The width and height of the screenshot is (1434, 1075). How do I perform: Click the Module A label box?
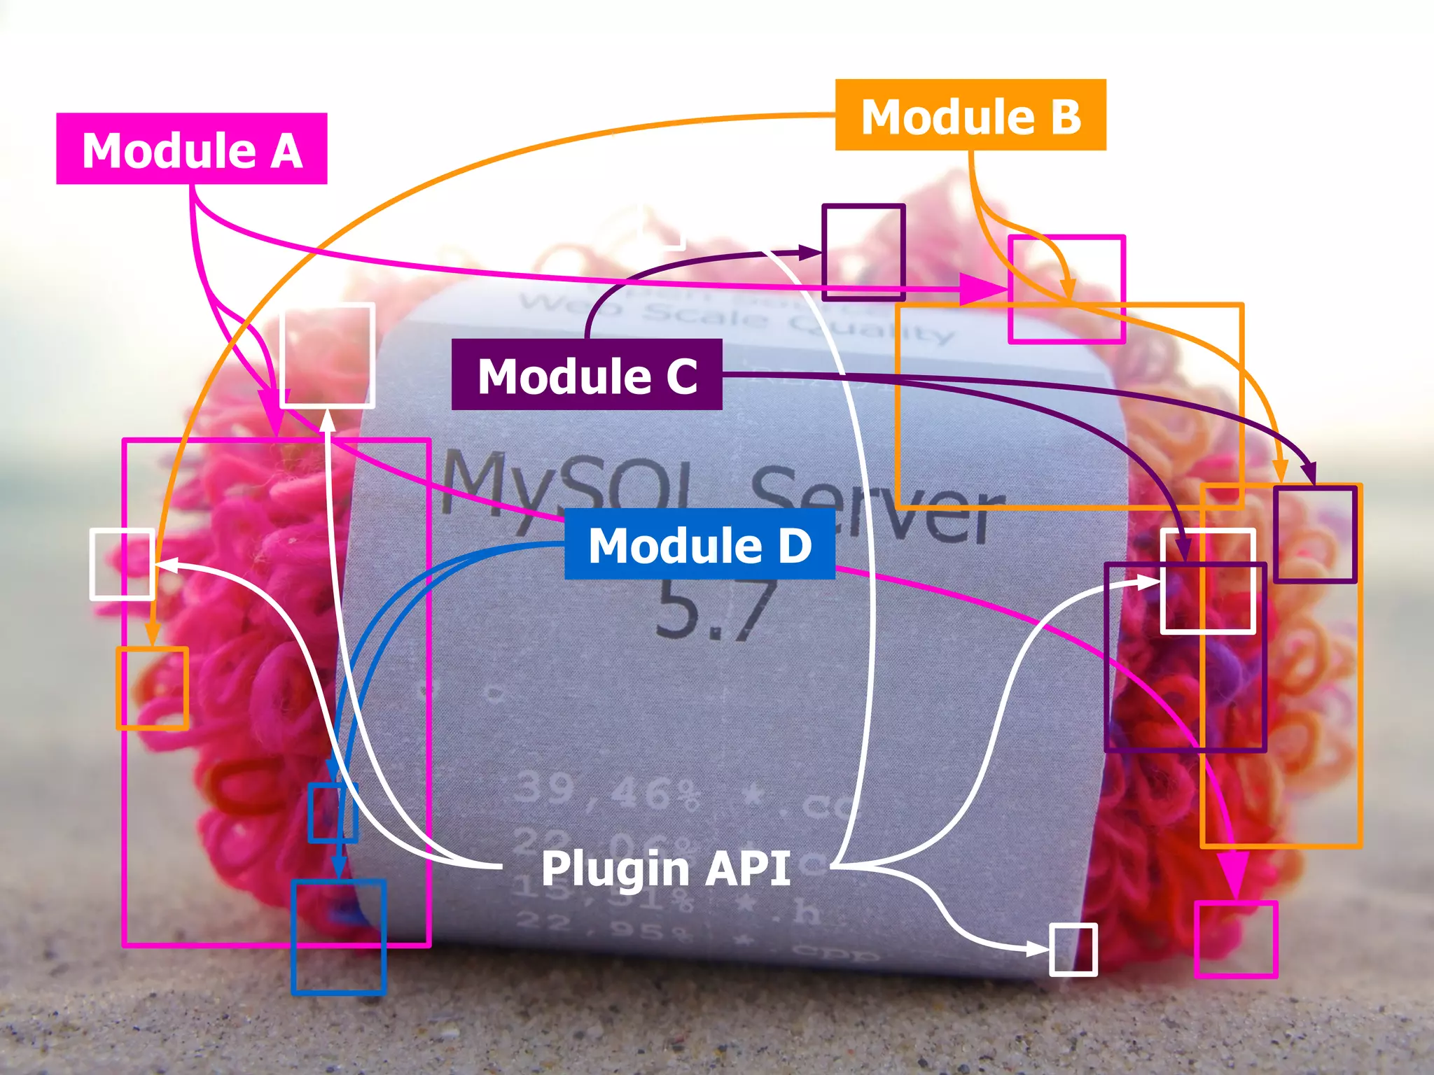point(191,149)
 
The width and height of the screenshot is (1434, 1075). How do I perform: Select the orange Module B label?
point(970,115)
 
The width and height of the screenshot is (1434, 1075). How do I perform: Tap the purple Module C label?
point(587,375)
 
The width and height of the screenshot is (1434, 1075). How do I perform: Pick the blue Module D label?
point(699,544)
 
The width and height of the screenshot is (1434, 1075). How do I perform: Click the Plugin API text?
point(665,868)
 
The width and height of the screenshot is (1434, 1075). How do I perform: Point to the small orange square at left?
point(152,689)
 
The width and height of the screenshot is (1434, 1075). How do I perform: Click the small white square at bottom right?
point(1073,949)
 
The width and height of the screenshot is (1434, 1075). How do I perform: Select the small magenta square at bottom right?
point(1236,939)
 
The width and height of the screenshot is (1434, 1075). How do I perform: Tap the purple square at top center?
point(863,253)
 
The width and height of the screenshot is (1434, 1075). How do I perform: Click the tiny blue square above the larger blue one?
point(333,813)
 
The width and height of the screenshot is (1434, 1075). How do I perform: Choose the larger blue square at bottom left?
point(339,937)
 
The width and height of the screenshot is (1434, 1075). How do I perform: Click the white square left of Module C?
point(327,356)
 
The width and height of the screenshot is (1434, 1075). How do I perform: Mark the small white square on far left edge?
point(122,564)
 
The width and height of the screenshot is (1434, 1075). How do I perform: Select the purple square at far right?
point(1315,535)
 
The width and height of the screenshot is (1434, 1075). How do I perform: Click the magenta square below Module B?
point(1066,289)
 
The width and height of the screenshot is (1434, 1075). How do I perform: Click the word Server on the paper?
point(875,504)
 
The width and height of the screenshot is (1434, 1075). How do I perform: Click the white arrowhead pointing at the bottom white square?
point(1038,949)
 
